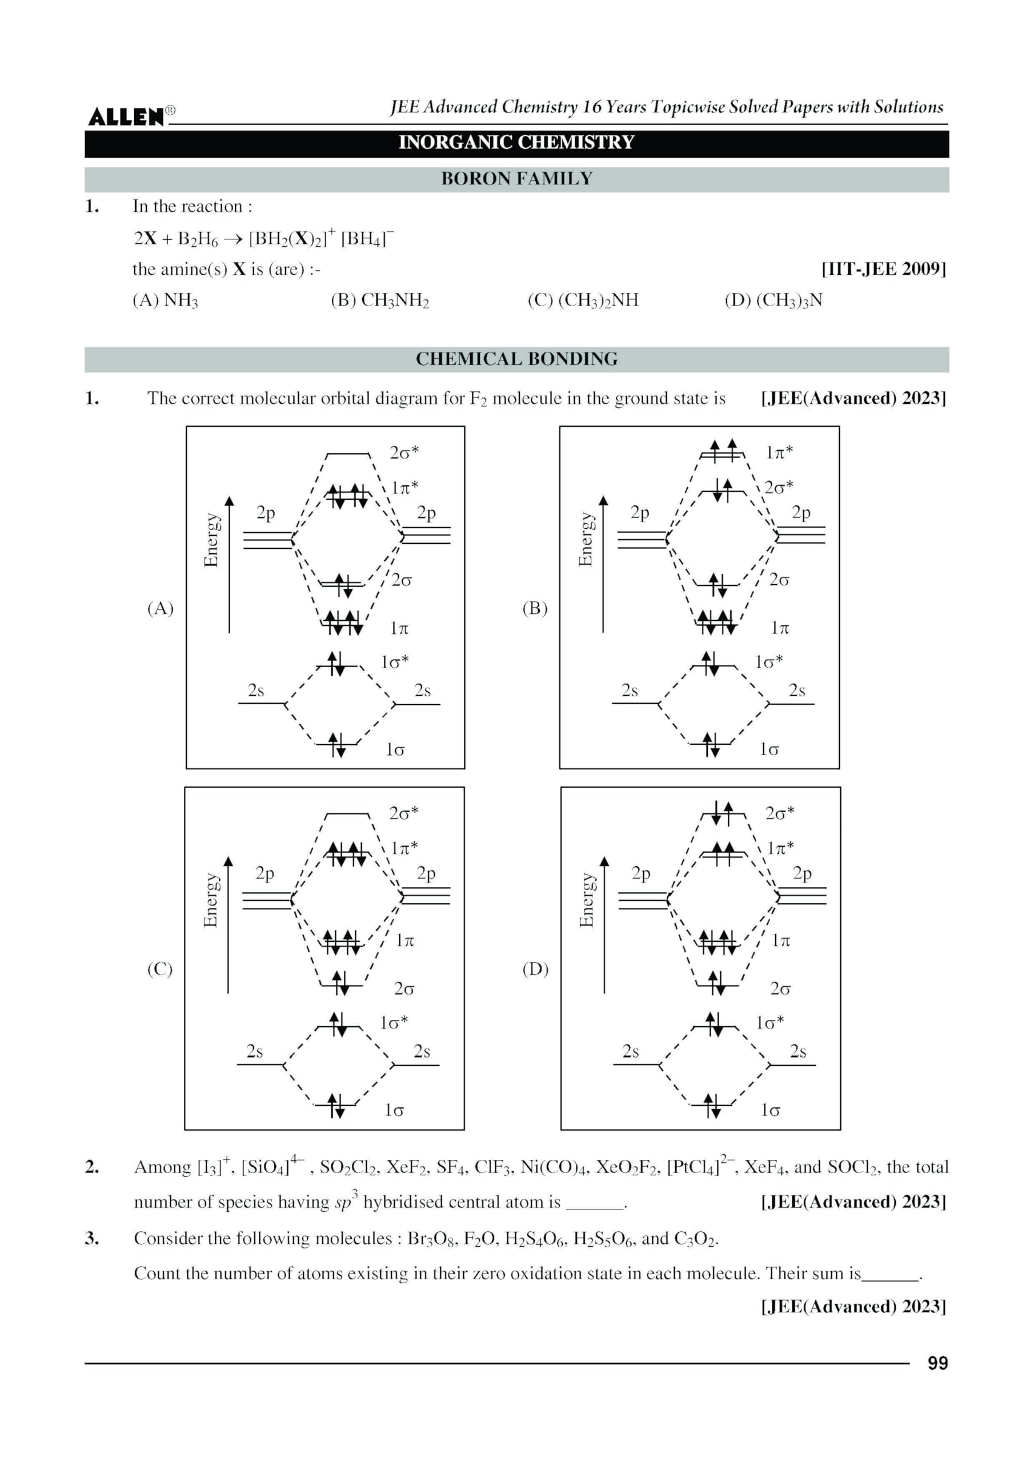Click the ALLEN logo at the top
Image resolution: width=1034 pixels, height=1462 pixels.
click(126, 117)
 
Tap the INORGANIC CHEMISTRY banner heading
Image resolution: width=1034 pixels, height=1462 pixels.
click(516, 143)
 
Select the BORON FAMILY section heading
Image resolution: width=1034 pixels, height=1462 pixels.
click(516, 179)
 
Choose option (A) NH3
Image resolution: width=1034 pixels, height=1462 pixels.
click(166, 300)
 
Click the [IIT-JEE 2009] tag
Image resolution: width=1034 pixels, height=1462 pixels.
click(883, 269)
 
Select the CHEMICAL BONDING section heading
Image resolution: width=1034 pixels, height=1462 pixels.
click(516, 359)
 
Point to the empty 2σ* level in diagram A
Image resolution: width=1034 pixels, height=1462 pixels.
click(347, 455)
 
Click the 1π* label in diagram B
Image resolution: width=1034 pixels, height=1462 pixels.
click(779, 453)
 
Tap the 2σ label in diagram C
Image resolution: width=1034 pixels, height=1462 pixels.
click(404, 989)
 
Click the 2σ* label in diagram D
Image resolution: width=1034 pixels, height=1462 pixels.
click(780, 813)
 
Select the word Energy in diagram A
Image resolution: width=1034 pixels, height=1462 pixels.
click(211, 540)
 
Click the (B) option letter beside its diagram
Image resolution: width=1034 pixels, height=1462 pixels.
click(535, 608)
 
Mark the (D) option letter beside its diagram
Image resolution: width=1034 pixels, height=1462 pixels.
click(535, 969)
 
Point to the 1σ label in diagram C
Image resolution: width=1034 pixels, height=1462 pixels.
click(394, 1111)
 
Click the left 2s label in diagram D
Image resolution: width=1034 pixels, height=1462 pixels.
click(631, 1051)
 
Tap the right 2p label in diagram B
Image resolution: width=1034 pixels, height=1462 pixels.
click(801, 513)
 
